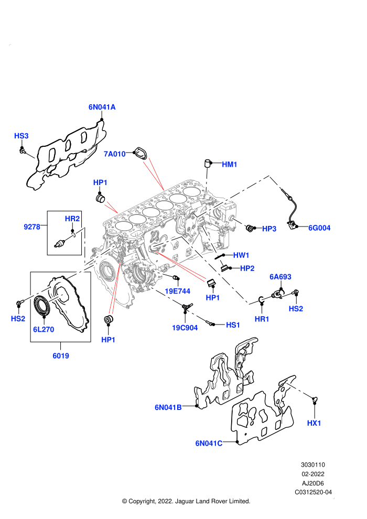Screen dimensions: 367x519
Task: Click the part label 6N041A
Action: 102,107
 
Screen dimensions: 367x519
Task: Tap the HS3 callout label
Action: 21,136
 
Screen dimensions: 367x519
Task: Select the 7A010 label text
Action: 114,154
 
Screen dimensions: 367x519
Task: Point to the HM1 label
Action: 229,164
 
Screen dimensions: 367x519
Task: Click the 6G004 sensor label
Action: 319,228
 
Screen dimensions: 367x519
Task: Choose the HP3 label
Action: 269,229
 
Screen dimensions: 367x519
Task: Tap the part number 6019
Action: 61,356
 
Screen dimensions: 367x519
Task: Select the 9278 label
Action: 32,226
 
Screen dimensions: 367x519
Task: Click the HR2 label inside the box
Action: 72,219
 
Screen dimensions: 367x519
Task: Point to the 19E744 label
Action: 178,291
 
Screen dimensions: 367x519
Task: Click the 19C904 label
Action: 185,328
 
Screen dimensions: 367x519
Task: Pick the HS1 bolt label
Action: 233,325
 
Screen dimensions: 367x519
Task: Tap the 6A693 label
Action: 280,277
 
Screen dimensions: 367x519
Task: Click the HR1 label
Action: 262,319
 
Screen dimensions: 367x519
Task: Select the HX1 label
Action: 314,423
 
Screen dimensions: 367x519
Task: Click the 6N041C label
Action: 209,443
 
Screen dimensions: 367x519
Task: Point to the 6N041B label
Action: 168,407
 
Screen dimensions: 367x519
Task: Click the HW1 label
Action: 241,255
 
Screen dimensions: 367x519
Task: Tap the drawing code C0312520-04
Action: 313,492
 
